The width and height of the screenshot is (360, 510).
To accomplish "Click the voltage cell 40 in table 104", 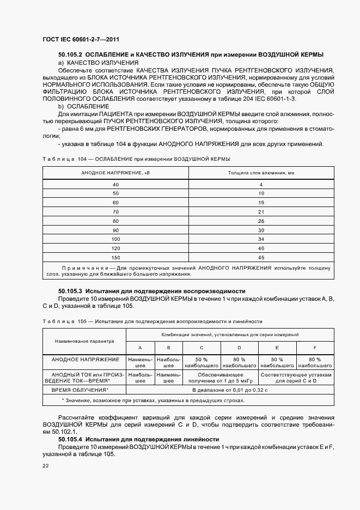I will point(115,185).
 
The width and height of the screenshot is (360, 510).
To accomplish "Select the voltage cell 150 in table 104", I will point(115,257).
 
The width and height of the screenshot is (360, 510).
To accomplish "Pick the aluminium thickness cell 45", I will point(261,257).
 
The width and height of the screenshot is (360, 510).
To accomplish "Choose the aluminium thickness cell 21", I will point(261,211).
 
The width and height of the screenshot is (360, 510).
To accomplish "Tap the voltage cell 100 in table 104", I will point(115,239).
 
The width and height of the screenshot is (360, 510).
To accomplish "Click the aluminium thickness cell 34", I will point(261,239).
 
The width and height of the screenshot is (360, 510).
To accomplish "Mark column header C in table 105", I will point(202,347).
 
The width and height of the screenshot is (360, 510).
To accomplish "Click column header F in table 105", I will point(314,347).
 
